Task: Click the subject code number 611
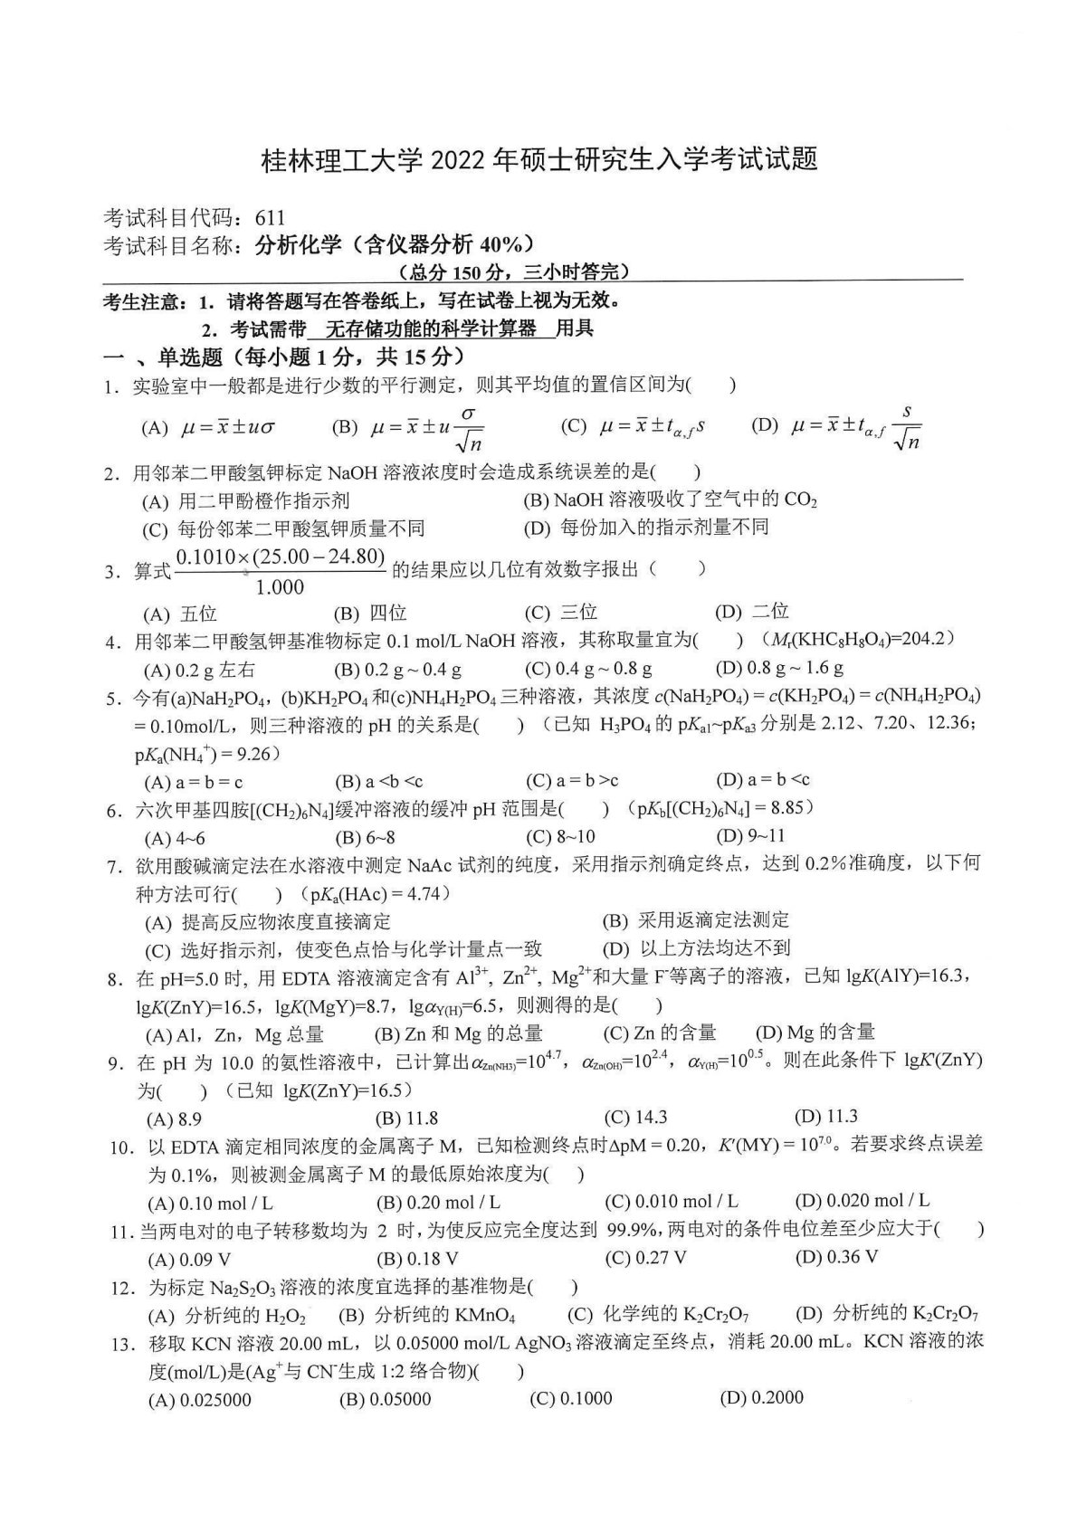coord(270,217)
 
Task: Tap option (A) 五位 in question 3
coord(180,614)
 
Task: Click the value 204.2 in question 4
coord(923,639)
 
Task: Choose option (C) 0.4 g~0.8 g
coord(588,669)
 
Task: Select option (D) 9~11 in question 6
coord(750,835)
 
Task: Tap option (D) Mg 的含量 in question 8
coord(815,1033)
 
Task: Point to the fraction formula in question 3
coord(281,571)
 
